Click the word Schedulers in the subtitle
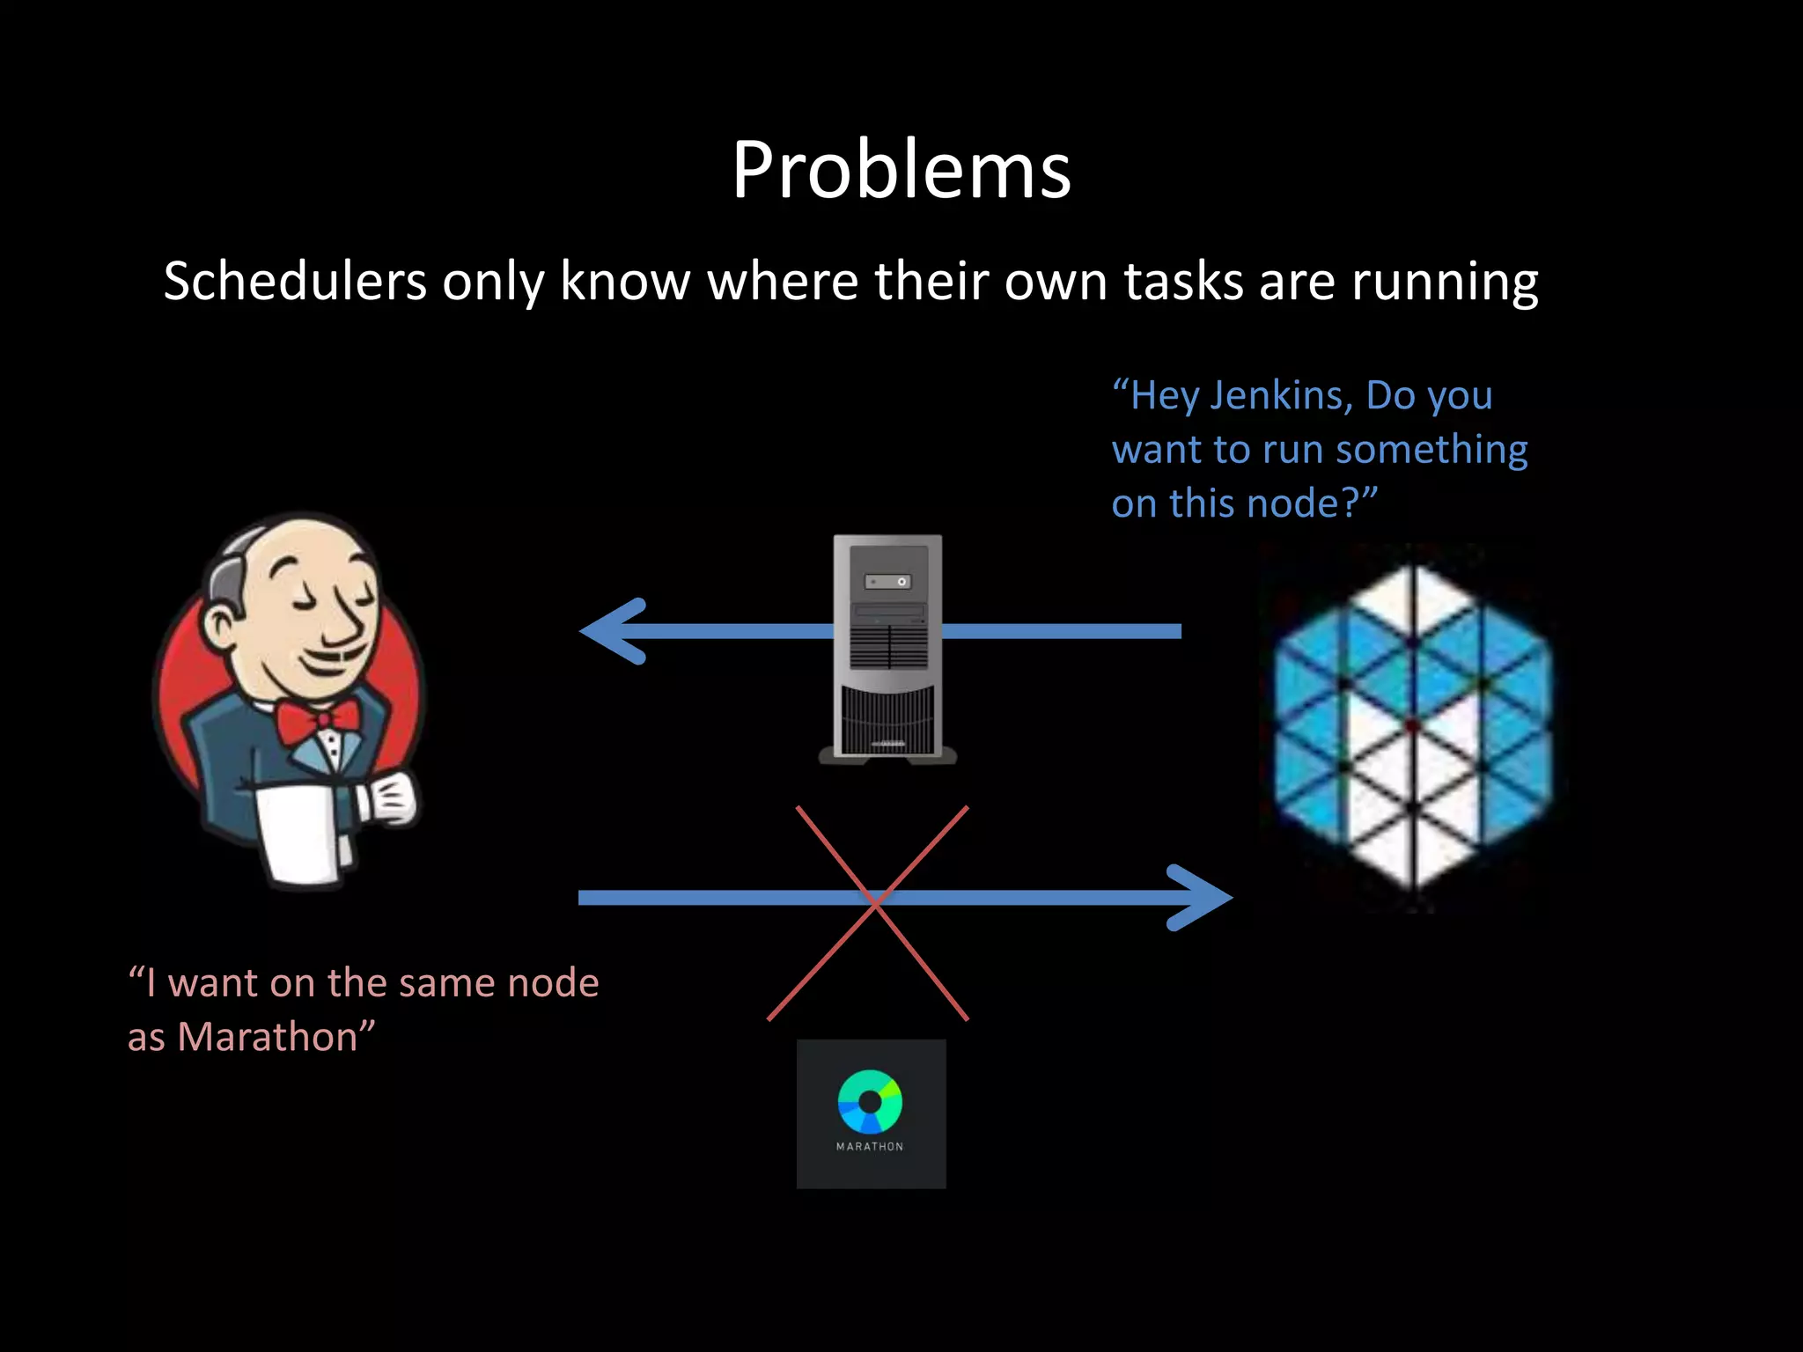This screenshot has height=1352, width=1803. coord(295,282)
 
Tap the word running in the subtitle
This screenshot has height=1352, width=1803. coord(1445,283)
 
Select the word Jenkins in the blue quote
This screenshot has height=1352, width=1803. coord(1281,395)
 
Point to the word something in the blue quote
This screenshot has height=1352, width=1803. coord(1431,450)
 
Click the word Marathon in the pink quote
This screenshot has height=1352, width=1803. coord(268,1037)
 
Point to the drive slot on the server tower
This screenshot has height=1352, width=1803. coord(887,582)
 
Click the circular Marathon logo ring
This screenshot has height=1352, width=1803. coord(870,1101)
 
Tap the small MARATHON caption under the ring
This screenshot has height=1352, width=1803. coord(870,1146)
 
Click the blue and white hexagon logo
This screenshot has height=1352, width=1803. coord(1413,726)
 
